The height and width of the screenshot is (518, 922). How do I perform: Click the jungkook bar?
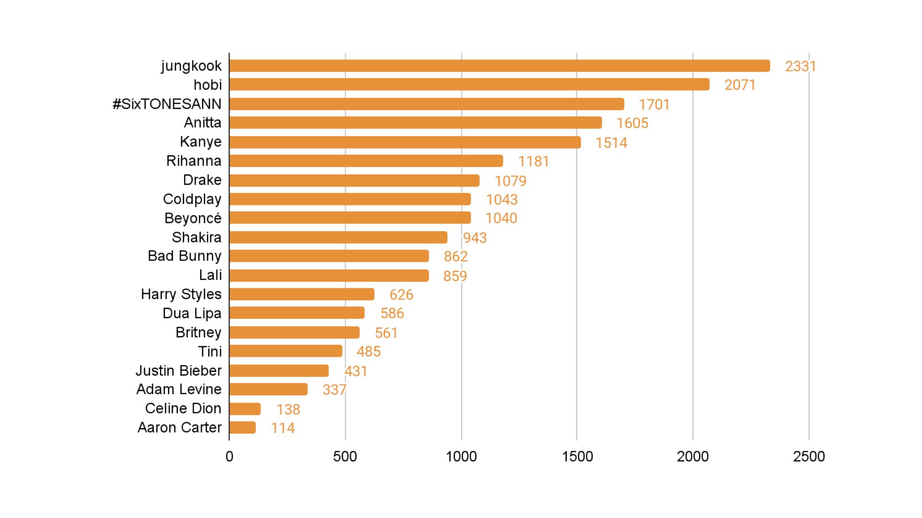point(499,66)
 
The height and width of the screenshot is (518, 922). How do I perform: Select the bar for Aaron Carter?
point(243,427)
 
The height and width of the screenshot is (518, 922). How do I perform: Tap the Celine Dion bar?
point(245,409)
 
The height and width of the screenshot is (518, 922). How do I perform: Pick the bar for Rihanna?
point(366,161)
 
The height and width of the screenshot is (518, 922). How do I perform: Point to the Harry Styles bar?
point(302,294)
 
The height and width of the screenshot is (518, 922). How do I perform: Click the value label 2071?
point(740,85)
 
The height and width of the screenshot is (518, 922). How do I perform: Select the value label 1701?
point(654,104)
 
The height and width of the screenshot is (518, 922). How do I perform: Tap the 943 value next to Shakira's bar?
point(474,237)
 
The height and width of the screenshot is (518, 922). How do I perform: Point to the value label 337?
point(334,389)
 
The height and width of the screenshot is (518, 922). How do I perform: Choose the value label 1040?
point(501,218)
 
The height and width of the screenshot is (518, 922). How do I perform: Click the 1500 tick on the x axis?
point(577,456)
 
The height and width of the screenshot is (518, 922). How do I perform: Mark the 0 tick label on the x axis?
point(229,456)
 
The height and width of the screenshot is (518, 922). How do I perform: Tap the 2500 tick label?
point(809,456)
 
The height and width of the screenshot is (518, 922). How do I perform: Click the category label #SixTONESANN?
point(167,104)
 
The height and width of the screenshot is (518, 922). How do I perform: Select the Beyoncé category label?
point(193,218)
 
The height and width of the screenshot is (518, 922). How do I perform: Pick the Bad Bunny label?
point(184,256)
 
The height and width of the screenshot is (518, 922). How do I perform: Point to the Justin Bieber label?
point(178,371)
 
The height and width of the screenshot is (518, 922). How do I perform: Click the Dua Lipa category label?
point(192,313)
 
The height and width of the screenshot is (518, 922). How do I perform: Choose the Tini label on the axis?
point(210,352)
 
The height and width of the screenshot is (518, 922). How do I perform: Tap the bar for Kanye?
point(405,142)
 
